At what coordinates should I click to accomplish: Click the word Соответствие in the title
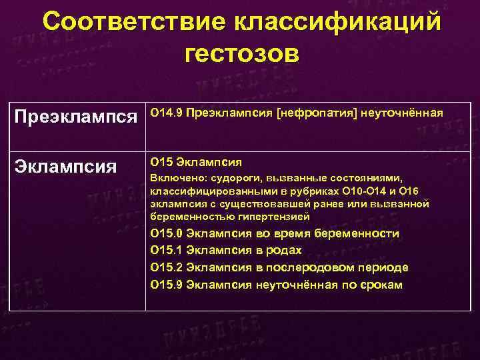pos(133,21)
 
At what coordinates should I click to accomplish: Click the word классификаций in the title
pos(337,21)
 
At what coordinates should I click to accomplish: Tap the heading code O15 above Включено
pos(162,161)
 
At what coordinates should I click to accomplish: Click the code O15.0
pos(167,233)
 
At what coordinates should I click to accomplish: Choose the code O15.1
pos(167,250)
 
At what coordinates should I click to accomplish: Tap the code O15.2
pos(167,267)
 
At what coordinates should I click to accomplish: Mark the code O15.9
pos(167,285)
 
